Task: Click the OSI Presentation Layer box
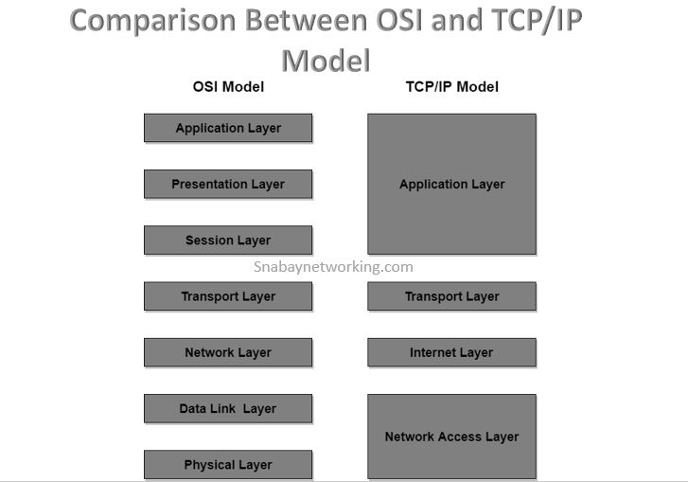point(228,184)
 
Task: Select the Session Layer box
point(228,241)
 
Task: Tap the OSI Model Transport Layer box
point(228,296)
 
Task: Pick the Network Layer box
point(228,352)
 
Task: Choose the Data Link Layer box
point(228,408)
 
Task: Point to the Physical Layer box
point(228,464)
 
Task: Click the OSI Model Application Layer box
point(228,128)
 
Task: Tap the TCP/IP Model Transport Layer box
point(451,296)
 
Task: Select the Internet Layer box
point(451,352)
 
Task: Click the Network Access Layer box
point(451,437)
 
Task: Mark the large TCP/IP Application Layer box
point(451,185)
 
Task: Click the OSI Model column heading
point(228,87)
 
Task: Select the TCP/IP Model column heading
point(451,87)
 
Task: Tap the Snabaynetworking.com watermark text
point(333,267)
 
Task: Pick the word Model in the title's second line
point(326,60)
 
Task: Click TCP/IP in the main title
point(530,20)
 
